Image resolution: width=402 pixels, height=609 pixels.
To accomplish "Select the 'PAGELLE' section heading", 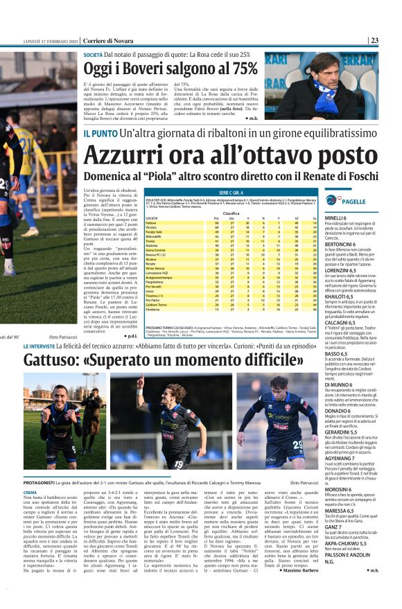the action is click(354, 201).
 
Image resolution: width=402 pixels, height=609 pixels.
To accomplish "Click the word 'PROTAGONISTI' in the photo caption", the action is click(40, 482).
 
